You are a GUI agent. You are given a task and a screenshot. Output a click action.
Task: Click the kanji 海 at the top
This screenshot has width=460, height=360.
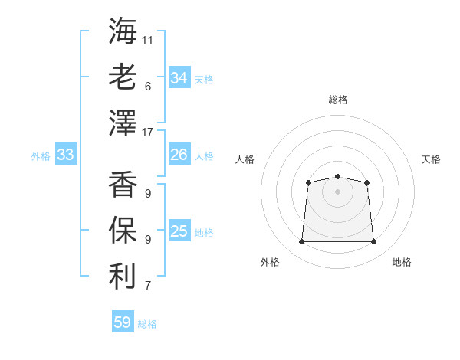point(123,31)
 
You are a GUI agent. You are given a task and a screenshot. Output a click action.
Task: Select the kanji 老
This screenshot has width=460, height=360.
point(123,77)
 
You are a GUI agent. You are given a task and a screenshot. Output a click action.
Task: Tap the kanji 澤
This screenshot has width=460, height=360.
point(123,123)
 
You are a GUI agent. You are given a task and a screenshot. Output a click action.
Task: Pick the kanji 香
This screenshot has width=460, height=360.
point(123,184)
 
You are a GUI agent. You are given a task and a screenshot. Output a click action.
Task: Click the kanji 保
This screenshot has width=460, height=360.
point(123,230)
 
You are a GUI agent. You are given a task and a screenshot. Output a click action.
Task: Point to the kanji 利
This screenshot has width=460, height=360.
point(123,277)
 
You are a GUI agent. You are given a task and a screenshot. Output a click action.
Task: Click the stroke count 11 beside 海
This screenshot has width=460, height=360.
point(147,41)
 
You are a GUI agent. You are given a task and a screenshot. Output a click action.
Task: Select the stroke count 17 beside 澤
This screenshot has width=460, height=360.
point(147,133)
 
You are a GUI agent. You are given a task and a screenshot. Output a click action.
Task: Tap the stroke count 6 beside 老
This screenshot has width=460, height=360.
point(148,87)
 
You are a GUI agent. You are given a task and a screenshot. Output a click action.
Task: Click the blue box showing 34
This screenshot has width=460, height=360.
point(179,77)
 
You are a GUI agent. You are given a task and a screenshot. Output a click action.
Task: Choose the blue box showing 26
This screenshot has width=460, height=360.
point(179,154)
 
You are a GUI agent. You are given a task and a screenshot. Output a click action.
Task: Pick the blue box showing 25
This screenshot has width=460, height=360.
point(179,230)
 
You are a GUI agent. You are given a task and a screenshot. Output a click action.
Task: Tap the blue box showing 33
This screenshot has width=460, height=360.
point(66,154)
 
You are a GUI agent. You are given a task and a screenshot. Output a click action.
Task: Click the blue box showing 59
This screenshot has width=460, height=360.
point(123,321)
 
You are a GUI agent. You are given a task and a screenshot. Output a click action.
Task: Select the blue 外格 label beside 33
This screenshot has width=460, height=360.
point(41,156)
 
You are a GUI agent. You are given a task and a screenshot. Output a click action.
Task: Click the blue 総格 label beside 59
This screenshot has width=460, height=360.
point(147,324)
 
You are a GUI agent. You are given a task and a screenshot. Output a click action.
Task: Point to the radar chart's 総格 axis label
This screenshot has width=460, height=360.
point(338,100)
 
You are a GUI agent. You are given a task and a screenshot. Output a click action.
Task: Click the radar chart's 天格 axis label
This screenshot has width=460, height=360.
point(431,159)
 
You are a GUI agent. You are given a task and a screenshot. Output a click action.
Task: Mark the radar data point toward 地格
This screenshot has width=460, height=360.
point(373,241)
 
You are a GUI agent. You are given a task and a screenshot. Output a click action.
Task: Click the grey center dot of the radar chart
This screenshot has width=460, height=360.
point(337,191)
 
